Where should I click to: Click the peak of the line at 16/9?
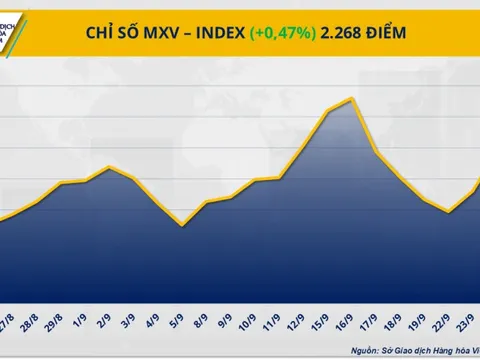tap(351, 98)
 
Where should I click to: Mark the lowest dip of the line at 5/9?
tap(181, 225)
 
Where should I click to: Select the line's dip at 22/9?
tap(448, 212)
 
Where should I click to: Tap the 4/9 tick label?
tap(153, 299)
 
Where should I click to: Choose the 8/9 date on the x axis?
tap(202, 299)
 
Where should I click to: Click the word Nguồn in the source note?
tap(367, 349)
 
